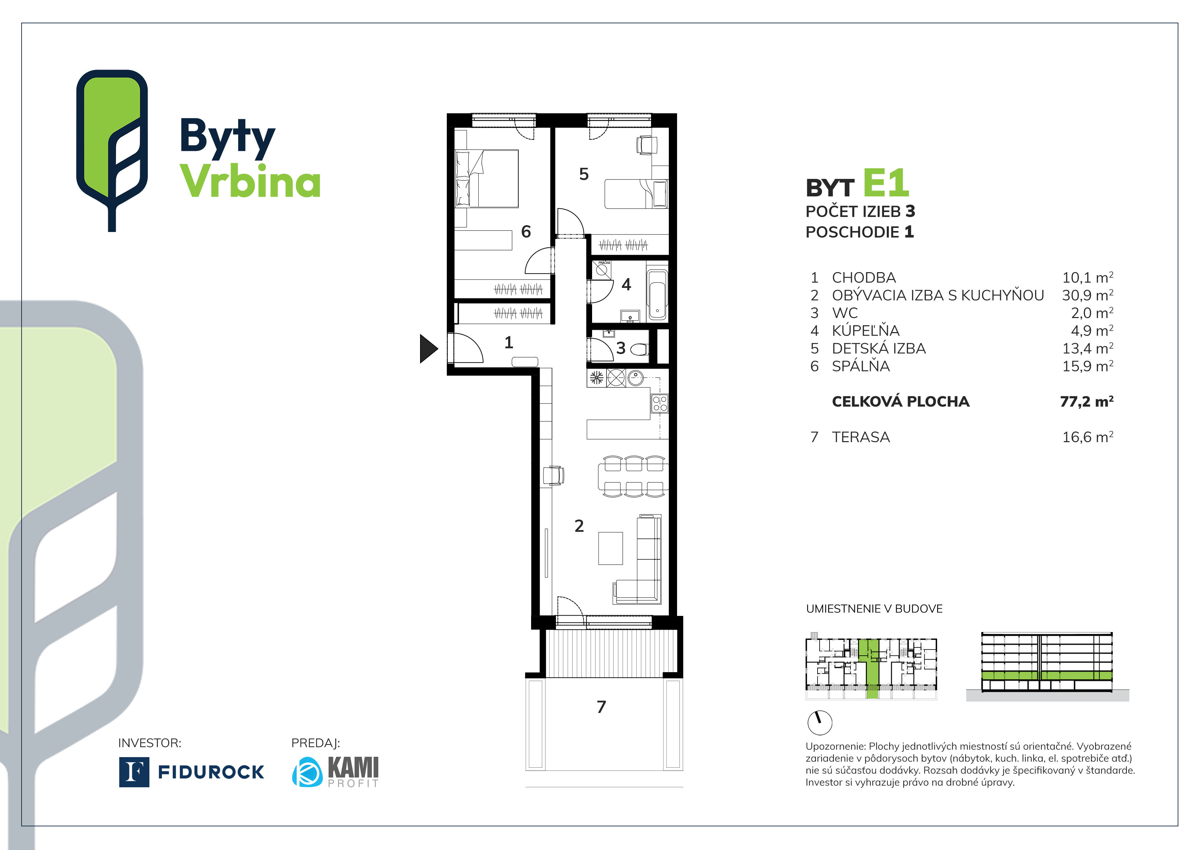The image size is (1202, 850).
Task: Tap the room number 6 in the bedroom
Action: point(526,231)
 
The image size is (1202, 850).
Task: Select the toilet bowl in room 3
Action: point(639,349)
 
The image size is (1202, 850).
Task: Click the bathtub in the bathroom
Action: point(657,294)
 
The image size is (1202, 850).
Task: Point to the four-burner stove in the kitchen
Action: point(660,403)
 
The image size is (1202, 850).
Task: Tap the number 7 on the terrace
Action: point(601,707)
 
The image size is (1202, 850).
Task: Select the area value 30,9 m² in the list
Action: point(1087,295)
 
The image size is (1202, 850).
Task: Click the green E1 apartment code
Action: point(885,183)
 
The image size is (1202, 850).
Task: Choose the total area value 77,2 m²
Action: point(1086,402)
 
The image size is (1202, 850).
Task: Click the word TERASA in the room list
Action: point(861,437)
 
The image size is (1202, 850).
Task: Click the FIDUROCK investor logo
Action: point(192,772)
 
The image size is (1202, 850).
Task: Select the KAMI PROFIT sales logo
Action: point(335,772)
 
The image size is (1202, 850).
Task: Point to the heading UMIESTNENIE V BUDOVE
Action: point(874,609)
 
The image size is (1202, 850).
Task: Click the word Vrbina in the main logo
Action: point(250,181)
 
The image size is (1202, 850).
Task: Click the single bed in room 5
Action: point(636,194)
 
